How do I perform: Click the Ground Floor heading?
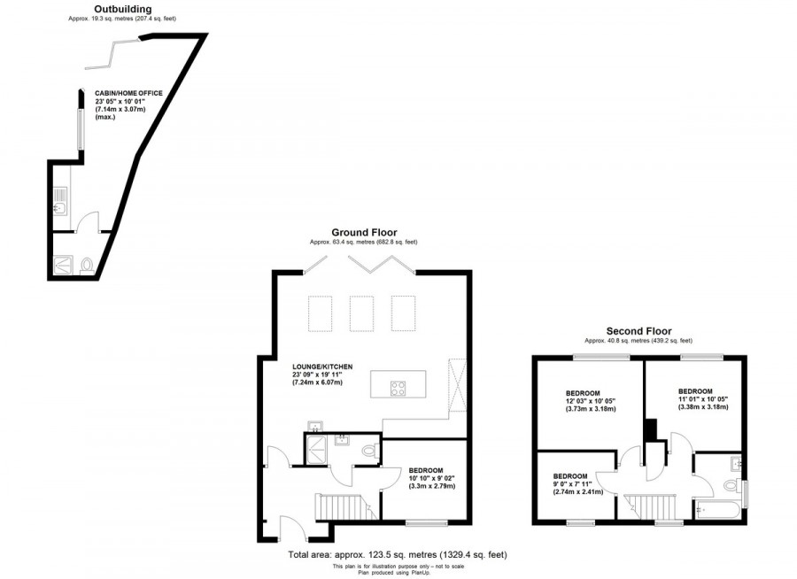coord(363,233)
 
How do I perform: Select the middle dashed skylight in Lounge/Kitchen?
coord(361,313)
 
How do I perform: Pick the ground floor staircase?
coord(341,508)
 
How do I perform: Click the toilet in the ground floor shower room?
coord(371,450)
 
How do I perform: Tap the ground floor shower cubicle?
coord(316,452)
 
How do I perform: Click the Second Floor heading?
coord(638,330)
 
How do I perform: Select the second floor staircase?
coord(655,507)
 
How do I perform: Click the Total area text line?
coord(398,555)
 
